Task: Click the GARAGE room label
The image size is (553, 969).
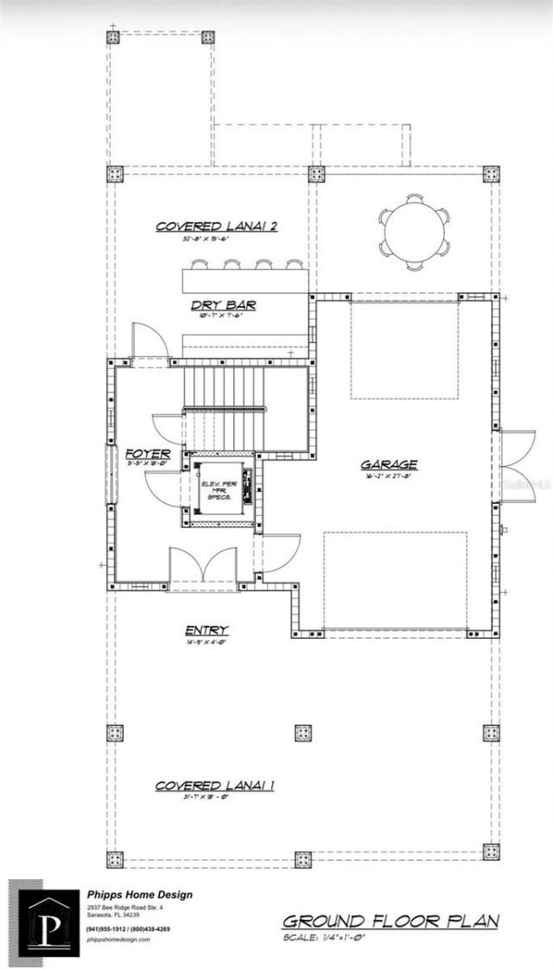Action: [389, 464]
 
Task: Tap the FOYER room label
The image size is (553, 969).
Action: [147, 452]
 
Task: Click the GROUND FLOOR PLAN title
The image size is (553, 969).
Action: [391, 921]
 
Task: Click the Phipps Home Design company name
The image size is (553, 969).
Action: [139, 895]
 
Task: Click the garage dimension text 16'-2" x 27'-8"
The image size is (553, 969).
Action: [389, 475]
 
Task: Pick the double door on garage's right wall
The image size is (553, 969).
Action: [512, 467]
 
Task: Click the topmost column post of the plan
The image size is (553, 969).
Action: [114, 38]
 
